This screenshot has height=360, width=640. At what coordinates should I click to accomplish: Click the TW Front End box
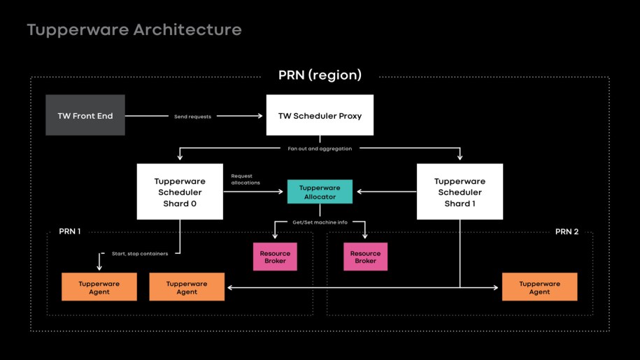click(x=85, y=115)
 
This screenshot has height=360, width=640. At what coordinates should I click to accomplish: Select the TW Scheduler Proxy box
click(x=320, y=115)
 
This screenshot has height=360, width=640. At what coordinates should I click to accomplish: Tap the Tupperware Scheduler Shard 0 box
click(x=180, y=192)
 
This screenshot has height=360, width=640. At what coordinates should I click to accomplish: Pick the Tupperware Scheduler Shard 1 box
click(x=460, y=192)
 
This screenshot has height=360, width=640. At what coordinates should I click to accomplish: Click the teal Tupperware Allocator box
click(x=320, y=192)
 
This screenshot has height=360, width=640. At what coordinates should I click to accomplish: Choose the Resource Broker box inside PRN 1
click(x=275, y=257)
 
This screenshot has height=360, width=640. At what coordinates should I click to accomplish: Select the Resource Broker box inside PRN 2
click(x=365, y=257)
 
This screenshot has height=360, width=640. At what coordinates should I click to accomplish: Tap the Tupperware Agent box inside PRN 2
click(x=539, y=287)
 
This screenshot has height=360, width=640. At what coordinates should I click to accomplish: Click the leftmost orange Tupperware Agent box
click(x=99, y=287)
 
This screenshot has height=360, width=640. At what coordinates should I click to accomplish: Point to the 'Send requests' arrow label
click(x=192, y=116)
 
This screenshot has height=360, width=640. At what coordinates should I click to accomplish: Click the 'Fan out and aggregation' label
click(x=320, y=148)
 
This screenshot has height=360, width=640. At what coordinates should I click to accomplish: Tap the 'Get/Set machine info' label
click(x=320, y=222)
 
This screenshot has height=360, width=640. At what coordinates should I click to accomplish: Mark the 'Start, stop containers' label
click(x=140, y=253)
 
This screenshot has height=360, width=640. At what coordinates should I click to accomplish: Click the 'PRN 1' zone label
click(x=69, y=231)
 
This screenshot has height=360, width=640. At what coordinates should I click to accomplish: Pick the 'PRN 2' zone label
click(x=567, y=231)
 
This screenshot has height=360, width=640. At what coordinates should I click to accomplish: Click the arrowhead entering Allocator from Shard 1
click(x=357, y=191)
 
